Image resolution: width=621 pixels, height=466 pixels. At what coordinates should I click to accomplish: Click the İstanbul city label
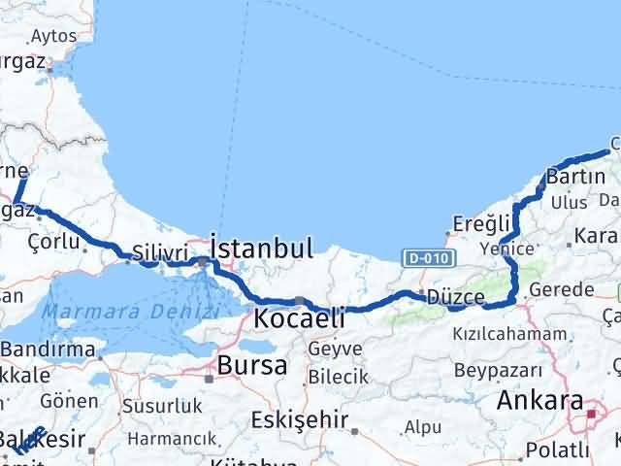coord(261,248)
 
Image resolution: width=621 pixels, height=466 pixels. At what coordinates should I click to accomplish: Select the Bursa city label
coord(252,366)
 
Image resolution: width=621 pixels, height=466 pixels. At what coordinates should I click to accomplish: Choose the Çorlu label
coord(53,240)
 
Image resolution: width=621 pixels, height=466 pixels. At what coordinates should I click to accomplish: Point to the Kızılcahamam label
coord(508,333)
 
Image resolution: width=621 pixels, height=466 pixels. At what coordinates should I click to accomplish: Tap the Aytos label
coord(54,36)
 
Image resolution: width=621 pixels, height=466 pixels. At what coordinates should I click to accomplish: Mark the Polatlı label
coord(557,449)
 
